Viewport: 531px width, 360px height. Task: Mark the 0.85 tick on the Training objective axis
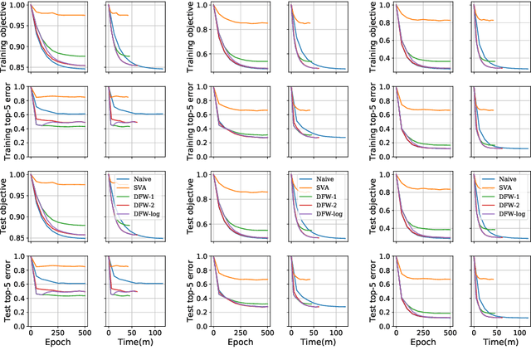pos(17,71)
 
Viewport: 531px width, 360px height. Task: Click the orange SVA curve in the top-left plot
pos(66,15)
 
